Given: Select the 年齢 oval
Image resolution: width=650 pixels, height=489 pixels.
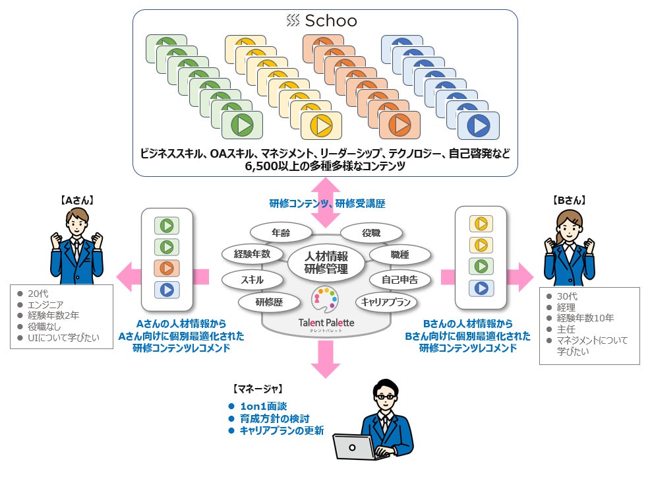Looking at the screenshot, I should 281,232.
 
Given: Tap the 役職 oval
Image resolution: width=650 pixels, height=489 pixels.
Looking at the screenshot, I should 370,233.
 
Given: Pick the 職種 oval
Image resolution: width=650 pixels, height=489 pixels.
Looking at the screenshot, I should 400,254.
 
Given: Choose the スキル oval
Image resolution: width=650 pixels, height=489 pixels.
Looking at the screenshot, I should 252,280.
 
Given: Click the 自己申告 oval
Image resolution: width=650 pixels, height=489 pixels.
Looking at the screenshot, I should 399,280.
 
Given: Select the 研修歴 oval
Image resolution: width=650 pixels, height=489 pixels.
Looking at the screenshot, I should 268,302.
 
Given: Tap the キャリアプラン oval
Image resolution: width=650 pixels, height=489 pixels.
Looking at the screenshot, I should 387,302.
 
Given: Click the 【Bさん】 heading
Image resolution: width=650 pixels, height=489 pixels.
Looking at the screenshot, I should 569,201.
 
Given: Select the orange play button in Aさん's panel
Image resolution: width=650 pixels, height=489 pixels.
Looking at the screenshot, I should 167,268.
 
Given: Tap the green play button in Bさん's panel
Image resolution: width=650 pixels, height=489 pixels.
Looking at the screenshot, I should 481,267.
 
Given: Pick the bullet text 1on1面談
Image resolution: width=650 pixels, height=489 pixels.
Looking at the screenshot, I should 264,406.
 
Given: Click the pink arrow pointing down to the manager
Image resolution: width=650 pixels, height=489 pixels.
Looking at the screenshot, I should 324,360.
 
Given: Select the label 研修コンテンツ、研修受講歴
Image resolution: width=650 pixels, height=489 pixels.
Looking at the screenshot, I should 327,204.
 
